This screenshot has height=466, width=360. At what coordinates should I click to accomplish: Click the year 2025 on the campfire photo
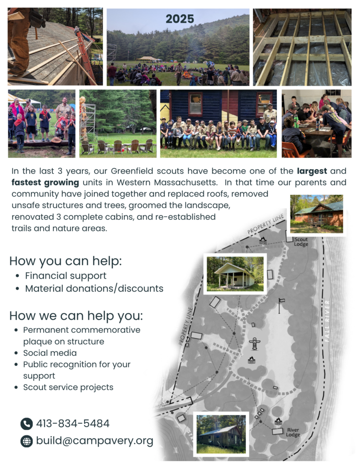180,19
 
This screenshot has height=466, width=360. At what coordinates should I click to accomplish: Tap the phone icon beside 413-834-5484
26,424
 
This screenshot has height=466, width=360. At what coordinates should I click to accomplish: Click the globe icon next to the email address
26,441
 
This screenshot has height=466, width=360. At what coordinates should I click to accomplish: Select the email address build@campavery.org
95,441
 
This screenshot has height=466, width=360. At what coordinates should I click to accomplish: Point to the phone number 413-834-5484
73,424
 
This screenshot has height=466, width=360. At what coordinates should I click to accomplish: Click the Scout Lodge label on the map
301,242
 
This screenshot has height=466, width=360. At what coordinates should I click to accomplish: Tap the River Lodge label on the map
293,432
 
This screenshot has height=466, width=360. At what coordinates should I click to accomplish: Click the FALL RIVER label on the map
327,321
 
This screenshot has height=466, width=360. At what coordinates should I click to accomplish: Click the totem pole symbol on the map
254,344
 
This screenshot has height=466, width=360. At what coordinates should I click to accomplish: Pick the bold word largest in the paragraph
312,171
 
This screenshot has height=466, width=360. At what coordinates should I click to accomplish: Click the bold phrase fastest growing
45,182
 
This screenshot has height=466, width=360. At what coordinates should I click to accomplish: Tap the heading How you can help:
66,261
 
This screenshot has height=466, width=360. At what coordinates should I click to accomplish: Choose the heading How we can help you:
76,316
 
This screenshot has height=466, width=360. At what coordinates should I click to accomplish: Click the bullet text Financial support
66,276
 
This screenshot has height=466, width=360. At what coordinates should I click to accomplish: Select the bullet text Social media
50,353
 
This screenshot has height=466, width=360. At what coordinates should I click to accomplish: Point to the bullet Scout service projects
68,387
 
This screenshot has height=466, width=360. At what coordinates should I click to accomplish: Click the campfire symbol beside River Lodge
278,421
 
